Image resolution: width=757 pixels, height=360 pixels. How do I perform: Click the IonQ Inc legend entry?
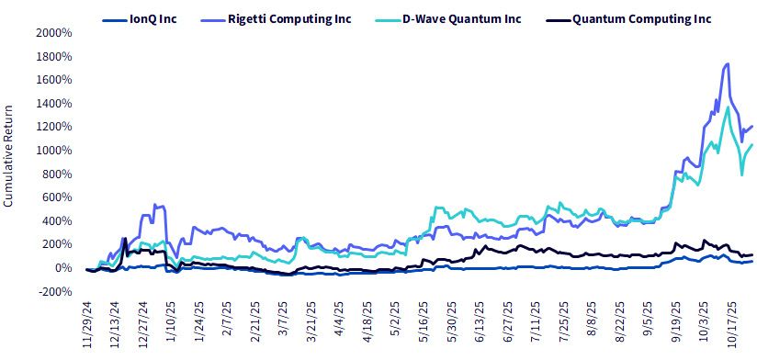coord(140,20)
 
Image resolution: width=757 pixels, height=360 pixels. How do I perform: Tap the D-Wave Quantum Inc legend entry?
coord(448,20)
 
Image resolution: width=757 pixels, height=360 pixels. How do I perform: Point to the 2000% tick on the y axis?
coord(54,33)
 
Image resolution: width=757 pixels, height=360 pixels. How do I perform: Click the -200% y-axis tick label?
coord(55,291)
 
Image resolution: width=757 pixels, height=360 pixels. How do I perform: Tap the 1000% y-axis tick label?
coord(54,151)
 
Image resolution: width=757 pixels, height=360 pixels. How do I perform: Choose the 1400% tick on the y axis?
coord(54,104)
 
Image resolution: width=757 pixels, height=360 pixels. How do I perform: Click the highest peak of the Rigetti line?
coord(727,63)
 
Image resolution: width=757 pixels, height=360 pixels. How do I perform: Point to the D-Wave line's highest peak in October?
coord(728,107)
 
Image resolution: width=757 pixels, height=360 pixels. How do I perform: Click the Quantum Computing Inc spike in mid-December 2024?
coord(126,239)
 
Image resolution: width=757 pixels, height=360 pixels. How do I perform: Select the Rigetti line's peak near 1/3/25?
coord(154,205)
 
